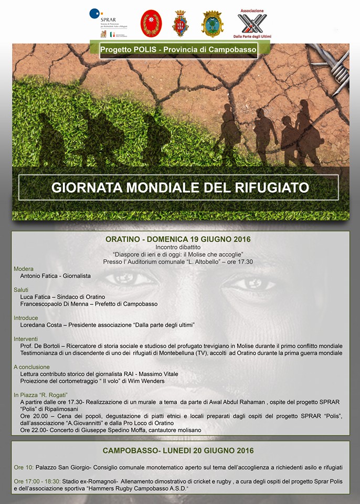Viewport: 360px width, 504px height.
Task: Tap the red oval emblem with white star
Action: coord(151,23)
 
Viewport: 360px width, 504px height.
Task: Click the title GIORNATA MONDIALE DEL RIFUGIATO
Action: coord(180,187)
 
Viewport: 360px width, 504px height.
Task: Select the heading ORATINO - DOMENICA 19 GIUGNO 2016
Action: coord(178,239)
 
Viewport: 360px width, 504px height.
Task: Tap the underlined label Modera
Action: coord(24,269)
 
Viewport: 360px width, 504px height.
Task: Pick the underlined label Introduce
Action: coord(26,318)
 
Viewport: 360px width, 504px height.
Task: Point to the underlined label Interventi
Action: coord(26,339)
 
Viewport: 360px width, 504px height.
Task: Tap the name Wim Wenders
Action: coord(151,381)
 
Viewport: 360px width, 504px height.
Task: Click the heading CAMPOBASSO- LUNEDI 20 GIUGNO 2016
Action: coord(178,450)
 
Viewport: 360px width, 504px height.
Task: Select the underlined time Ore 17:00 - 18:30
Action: coord(37,481)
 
